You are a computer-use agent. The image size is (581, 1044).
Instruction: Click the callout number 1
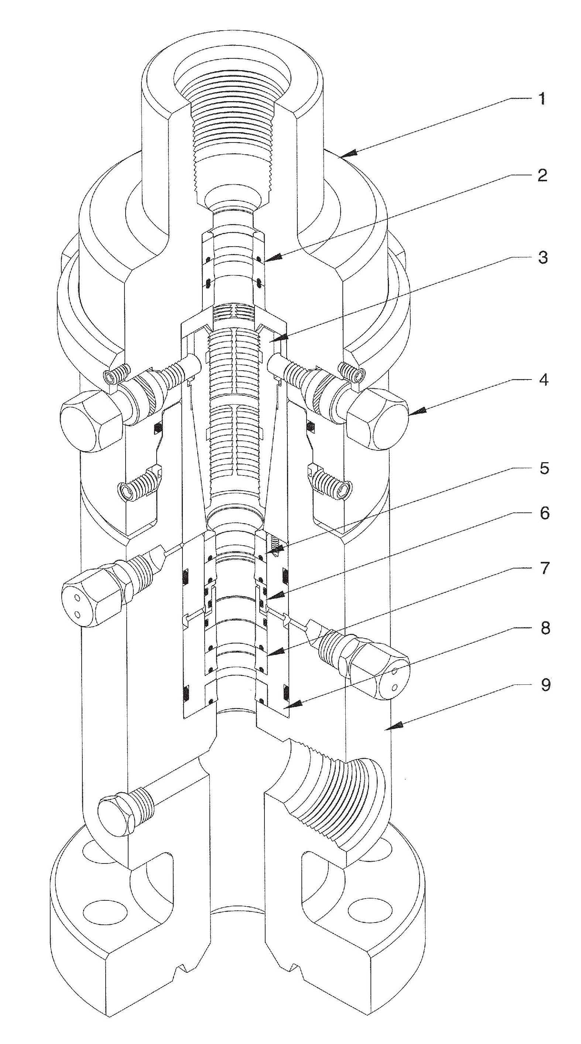[542, 99]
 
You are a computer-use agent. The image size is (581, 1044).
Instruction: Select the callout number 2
[542, 175]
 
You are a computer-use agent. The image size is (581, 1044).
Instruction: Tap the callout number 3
[543, 258]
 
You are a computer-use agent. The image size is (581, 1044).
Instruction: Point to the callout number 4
[544, 380]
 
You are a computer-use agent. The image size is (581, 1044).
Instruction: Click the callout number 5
[544, 468]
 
